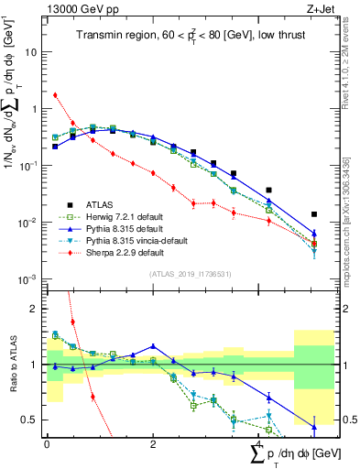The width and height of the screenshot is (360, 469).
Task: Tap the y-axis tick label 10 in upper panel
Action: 32,52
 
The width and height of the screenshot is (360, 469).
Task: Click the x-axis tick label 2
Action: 152,443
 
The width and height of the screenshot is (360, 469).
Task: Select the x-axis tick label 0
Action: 47,443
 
